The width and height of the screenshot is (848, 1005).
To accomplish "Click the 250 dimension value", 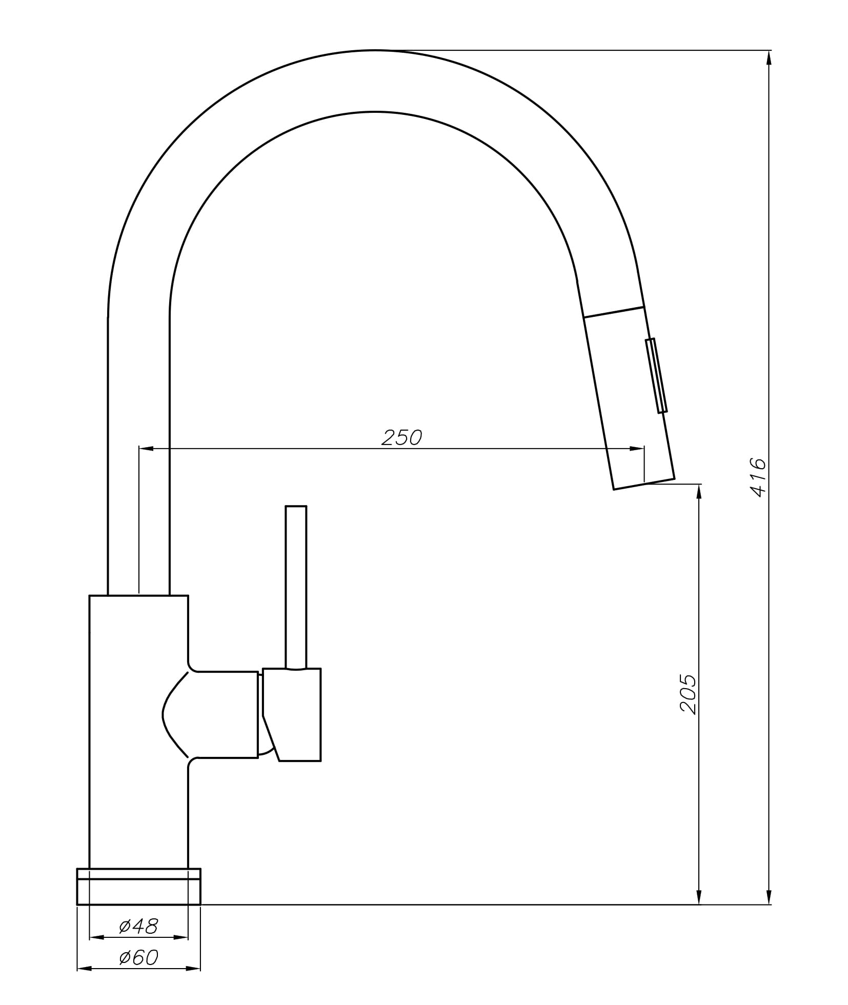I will [401, 437].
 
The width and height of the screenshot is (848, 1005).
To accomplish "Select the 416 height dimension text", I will [758, 477].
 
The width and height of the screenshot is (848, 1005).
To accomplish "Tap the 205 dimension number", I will [688, 695].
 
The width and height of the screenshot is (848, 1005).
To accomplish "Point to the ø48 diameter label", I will [138, 926].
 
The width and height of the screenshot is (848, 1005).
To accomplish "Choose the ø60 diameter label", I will [138, 957].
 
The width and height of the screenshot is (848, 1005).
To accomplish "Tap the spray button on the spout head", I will [656, 375].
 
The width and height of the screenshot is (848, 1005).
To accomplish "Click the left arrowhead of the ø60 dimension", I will [84, 969].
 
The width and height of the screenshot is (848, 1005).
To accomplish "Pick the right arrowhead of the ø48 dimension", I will [181, 937].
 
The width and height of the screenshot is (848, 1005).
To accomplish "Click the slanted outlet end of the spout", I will [644, 484].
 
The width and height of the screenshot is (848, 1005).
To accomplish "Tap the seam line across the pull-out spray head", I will [613, 312].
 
